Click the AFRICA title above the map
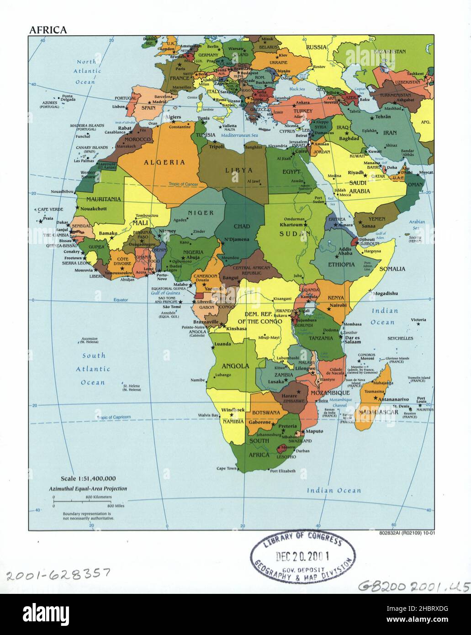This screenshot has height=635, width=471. [x=48, y=30]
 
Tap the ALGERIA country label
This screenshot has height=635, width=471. [x=164, y=162]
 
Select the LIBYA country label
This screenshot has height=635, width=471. [x=238, y=170]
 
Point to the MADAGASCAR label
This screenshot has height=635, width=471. [x=382, y=412]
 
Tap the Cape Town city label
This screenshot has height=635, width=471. [x=226, y=469]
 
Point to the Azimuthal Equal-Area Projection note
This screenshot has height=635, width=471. [x=88, y=488]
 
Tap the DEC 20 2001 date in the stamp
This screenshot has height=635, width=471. [x=302, y=556]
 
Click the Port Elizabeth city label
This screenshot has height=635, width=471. [x=283, y=471]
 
